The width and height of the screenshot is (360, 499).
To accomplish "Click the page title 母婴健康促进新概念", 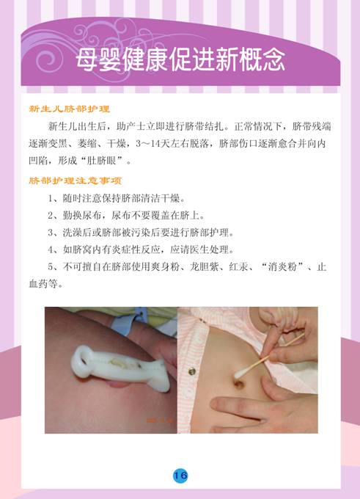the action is pyautogui.click(x=180, y=59).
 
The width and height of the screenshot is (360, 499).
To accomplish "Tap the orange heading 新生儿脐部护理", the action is pyautogui.click(x=70, y=109).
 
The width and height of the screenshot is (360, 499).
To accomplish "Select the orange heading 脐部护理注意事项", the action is pyautogui.click(x=76, y=181).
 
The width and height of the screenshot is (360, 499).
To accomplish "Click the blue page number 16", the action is pyautogui.click(x=180, y=476).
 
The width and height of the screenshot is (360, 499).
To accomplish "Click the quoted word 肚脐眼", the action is pyautogui.click(x=103, y=161).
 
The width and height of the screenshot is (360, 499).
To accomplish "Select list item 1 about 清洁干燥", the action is pyautogui.click(x=117, y=199).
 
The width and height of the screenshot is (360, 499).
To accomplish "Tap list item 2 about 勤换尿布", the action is pyautogui.click(x=126, y=216).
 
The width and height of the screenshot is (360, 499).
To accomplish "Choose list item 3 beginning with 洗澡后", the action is pyautogui.click(x=141, y=233).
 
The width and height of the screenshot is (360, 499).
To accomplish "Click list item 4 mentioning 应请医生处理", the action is pyautogui.click(x=141, y=249).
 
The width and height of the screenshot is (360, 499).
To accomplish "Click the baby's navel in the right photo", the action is pyautogui.click(x=240, y=384).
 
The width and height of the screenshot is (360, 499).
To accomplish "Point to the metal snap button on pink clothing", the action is pyautogui.click(x=192, y=371).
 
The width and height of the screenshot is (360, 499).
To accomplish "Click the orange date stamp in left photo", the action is pyautogui.click(x=160, y=420).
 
